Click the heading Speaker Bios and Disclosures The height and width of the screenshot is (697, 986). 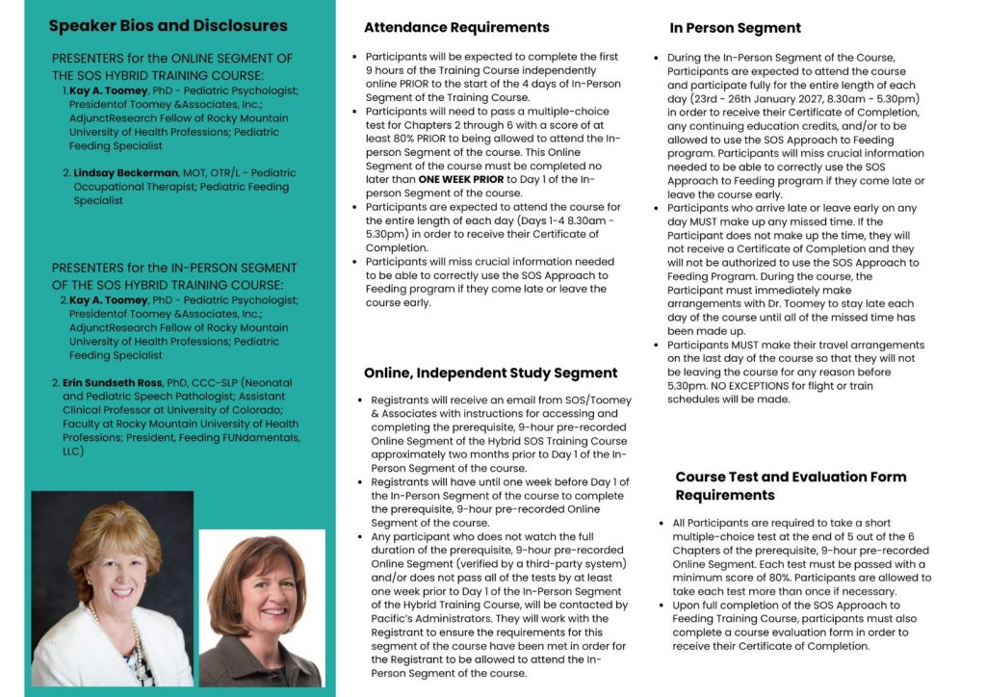168,26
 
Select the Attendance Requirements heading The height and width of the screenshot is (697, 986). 456,27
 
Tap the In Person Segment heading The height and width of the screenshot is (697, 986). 735,28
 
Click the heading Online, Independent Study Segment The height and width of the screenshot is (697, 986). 490,373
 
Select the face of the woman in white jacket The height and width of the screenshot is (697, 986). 115,568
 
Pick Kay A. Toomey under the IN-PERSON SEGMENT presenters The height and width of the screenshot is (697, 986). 109,300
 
